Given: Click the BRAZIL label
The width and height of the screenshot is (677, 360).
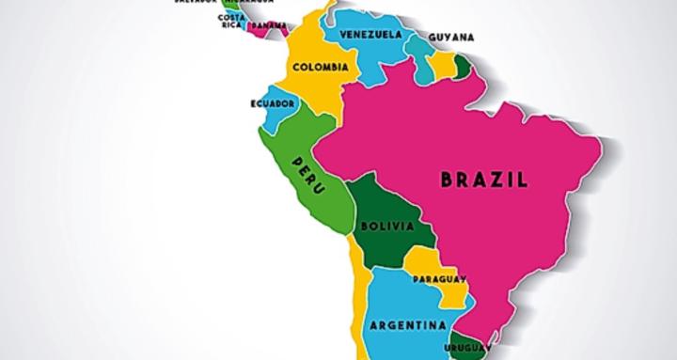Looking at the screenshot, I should pos(485,179).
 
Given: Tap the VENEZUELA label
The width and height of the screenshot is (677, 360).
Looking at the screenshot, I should pos(370,35).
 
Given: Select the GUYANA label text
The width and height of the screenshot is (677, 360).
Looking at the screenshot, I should pos(450,38).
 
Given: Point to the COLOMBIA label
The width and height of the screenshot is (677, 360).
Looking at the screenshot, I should pos(321,67).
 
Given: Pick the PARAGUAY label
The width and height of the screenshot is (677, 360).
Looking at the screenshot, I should pos(439,279).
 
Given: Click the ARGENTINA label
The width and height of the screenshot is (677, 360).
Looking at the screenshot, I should pos(407,326).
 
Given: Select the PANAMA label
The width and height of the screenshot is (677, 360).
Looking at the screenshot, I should pos(269,24).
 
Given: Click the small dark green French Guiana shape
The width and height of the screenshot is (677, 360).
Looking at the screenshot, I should pos(463,66).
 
